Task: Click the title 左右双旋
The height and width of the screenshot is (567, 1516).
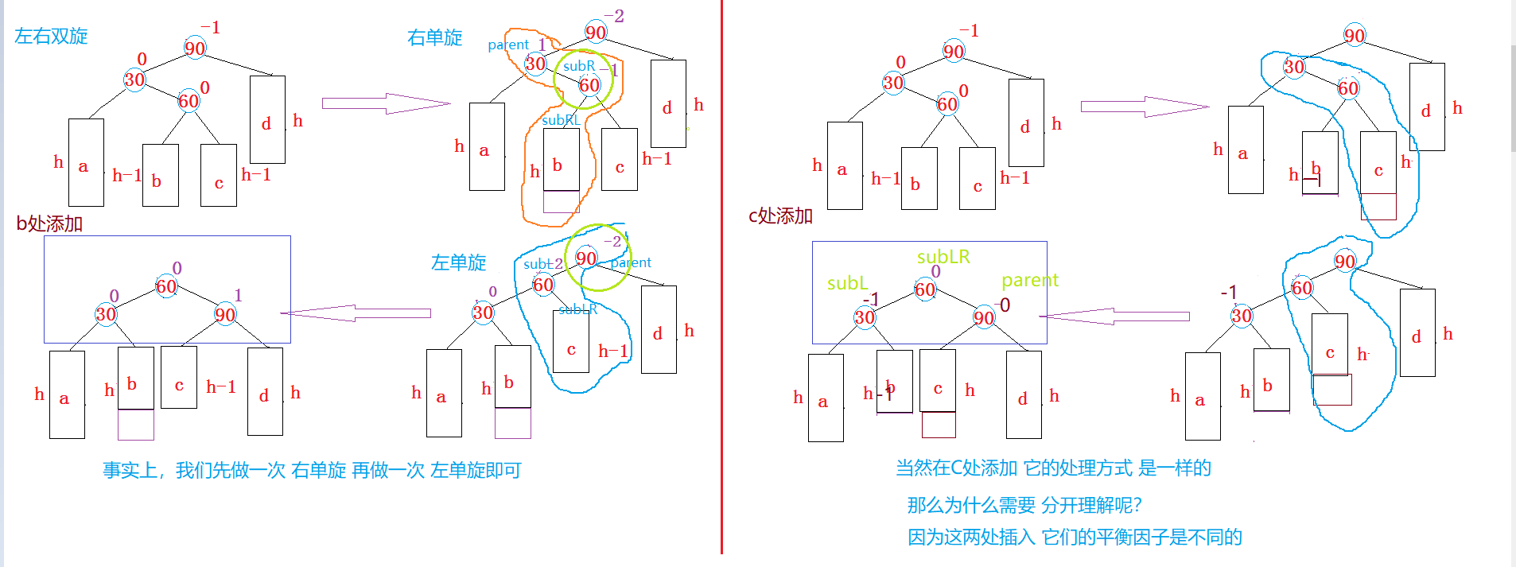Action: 51,36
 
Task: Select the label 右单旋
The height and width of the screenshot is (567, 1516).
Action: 434,37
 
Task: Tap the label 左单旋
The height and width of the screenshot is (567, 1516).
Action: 458,262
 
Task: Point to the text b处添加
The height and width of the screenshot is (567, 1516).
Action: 49,223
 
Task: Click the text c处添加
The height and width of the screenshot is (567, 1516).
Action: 780,216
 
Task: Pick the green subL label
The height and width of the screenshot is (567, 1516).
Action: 847,283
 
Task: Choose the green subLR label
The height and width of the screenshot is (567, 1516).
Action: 943,257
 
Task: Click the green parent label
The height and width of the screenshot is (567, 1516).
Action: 1030,280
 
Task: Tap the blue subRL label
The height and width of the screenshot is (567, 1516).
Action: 561,120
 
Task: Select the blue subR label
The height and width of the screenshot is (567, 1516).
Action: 579,66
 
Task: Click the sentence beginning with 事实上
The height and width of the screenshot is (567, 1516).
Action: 312,470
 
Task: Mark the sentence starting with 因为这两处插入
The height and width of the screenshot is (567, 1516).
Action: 1075,537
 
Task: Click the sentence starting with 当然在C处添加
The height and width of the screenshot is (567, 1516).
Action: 1053,468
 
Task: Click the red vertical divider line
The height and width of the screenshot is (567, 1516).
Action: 721,318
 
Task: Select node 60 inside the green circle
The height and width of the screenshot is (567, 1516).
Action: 589,85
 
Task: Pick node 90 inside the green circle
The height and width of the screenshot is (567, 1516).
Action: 586,258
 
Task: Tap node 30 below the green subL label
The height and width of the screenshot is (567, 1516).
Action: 865,318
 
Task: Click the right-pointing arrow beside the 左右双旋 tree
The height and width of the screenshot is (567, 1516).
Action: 386,103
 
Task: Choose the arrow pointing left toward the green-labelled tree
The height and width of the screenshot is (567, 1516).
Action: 1114,317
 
